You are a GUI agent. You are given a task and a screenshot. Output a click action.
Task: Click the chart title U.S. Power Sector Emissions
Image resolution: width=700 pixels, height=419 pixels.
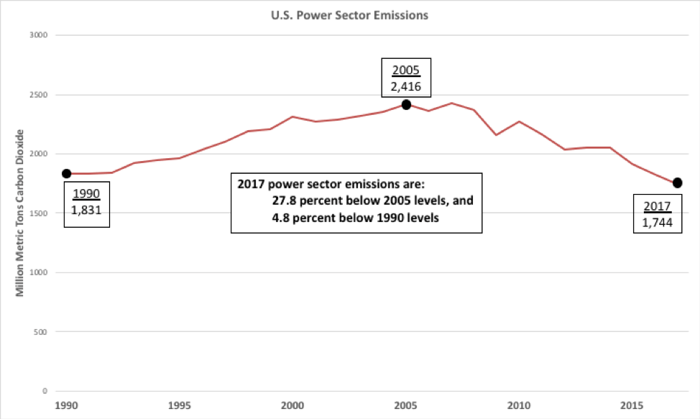tap(349, 14)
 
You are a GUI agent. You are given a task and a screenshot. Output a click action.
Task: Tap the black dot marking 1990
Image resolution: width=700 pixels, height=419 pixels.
tap(67, 174)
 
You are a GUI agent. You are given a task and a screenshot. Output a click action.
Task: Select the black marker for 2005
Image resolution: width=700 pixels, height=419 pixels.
tap(406, 105)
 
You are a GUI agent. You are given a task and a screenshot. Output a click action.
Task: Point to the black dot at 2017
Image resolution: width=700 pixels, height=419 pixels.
tap(677, 183)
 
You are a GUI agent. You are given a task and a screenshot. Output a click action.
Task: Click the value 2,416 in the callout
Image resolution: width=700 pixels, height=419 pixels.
tap(406, 87)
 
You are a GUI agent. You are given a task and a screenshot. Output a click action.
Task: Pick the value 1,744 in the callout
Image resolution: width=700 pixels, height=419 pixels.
tap(656, 222)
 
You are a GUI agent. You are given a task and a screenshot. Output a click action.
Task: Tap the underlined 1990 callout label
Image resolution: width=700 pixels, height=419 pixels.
tap(86, 194)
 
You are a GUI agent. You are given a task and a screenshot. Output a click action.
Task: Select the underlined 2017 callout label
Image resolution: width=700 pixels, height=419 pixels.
tap(656, 206)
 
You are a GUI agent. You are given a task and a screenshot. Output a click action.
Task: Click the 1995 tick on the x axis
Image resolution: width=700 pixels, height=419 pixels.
tap(180, 405)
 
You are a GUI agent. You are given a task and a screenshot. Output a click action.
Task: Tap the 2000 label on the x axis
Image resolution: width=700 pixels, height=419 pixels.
tap(293, 405)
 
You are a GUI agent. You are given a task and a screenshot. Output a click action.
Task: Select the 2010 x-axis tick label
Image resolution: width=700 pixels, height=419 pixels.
tap(519, 405)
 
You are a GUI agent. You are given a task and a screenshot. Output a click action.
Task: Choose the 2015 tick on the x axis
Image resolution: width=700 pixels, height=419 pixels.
tap(632, 405)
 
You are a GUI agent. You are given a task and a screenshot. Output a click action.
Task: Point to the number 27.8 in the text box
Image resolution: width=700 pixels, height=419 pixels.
tap(283, 201)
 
